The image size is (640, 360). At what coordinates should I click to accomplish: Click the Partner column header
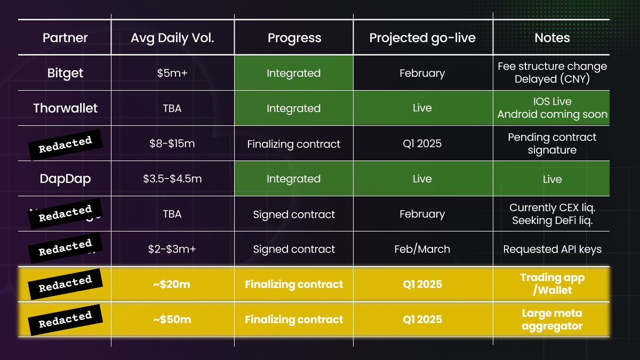point(65,38)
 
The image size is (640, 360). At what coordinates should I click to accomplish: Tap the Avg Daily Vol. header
point(172,38)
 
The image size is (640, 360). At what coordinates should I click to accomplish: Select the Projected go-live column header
point(422,38)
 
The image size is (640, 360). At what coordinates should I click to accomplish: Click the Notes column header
point(552,38)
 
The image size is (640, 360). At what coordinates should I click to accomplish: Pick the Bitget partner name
point(65,73)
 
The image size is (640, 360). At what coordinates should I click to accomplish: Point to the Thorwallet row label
point(65,108)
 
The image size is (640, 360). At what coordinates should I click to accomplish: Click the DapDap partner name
point(65,179)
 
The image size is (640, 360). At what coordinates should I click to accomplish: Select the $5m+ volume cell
point(172,73)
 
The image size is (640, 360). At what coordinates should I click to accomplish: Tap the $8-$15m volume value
point(172,143)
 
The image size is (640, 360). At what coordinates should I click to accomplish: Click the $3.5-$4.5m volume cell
point(172,179)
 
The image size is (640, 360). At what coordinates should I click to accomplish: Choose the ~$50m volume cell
point(172,319)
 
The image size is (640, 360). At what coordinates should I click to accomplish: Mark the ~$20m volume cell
point(172,284)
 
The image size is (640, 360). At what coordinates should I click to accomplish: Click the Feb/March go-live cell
point(422,249)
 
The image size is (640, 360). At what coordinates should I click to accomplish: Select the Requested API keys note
point(552,249)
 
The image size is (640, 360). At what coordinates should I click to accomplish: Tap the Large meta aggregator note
point(552,319)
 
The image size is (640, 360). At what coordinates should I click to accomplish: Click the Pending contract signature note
point(552,143)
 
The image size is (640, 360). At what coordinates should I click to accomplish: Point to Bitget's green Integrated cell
point(293,73)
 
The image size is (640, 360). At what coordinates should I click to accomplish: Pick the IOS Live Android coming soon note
point(552,108)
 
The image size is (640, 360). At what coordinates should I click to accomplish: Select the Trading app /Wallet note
point(552,284)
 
